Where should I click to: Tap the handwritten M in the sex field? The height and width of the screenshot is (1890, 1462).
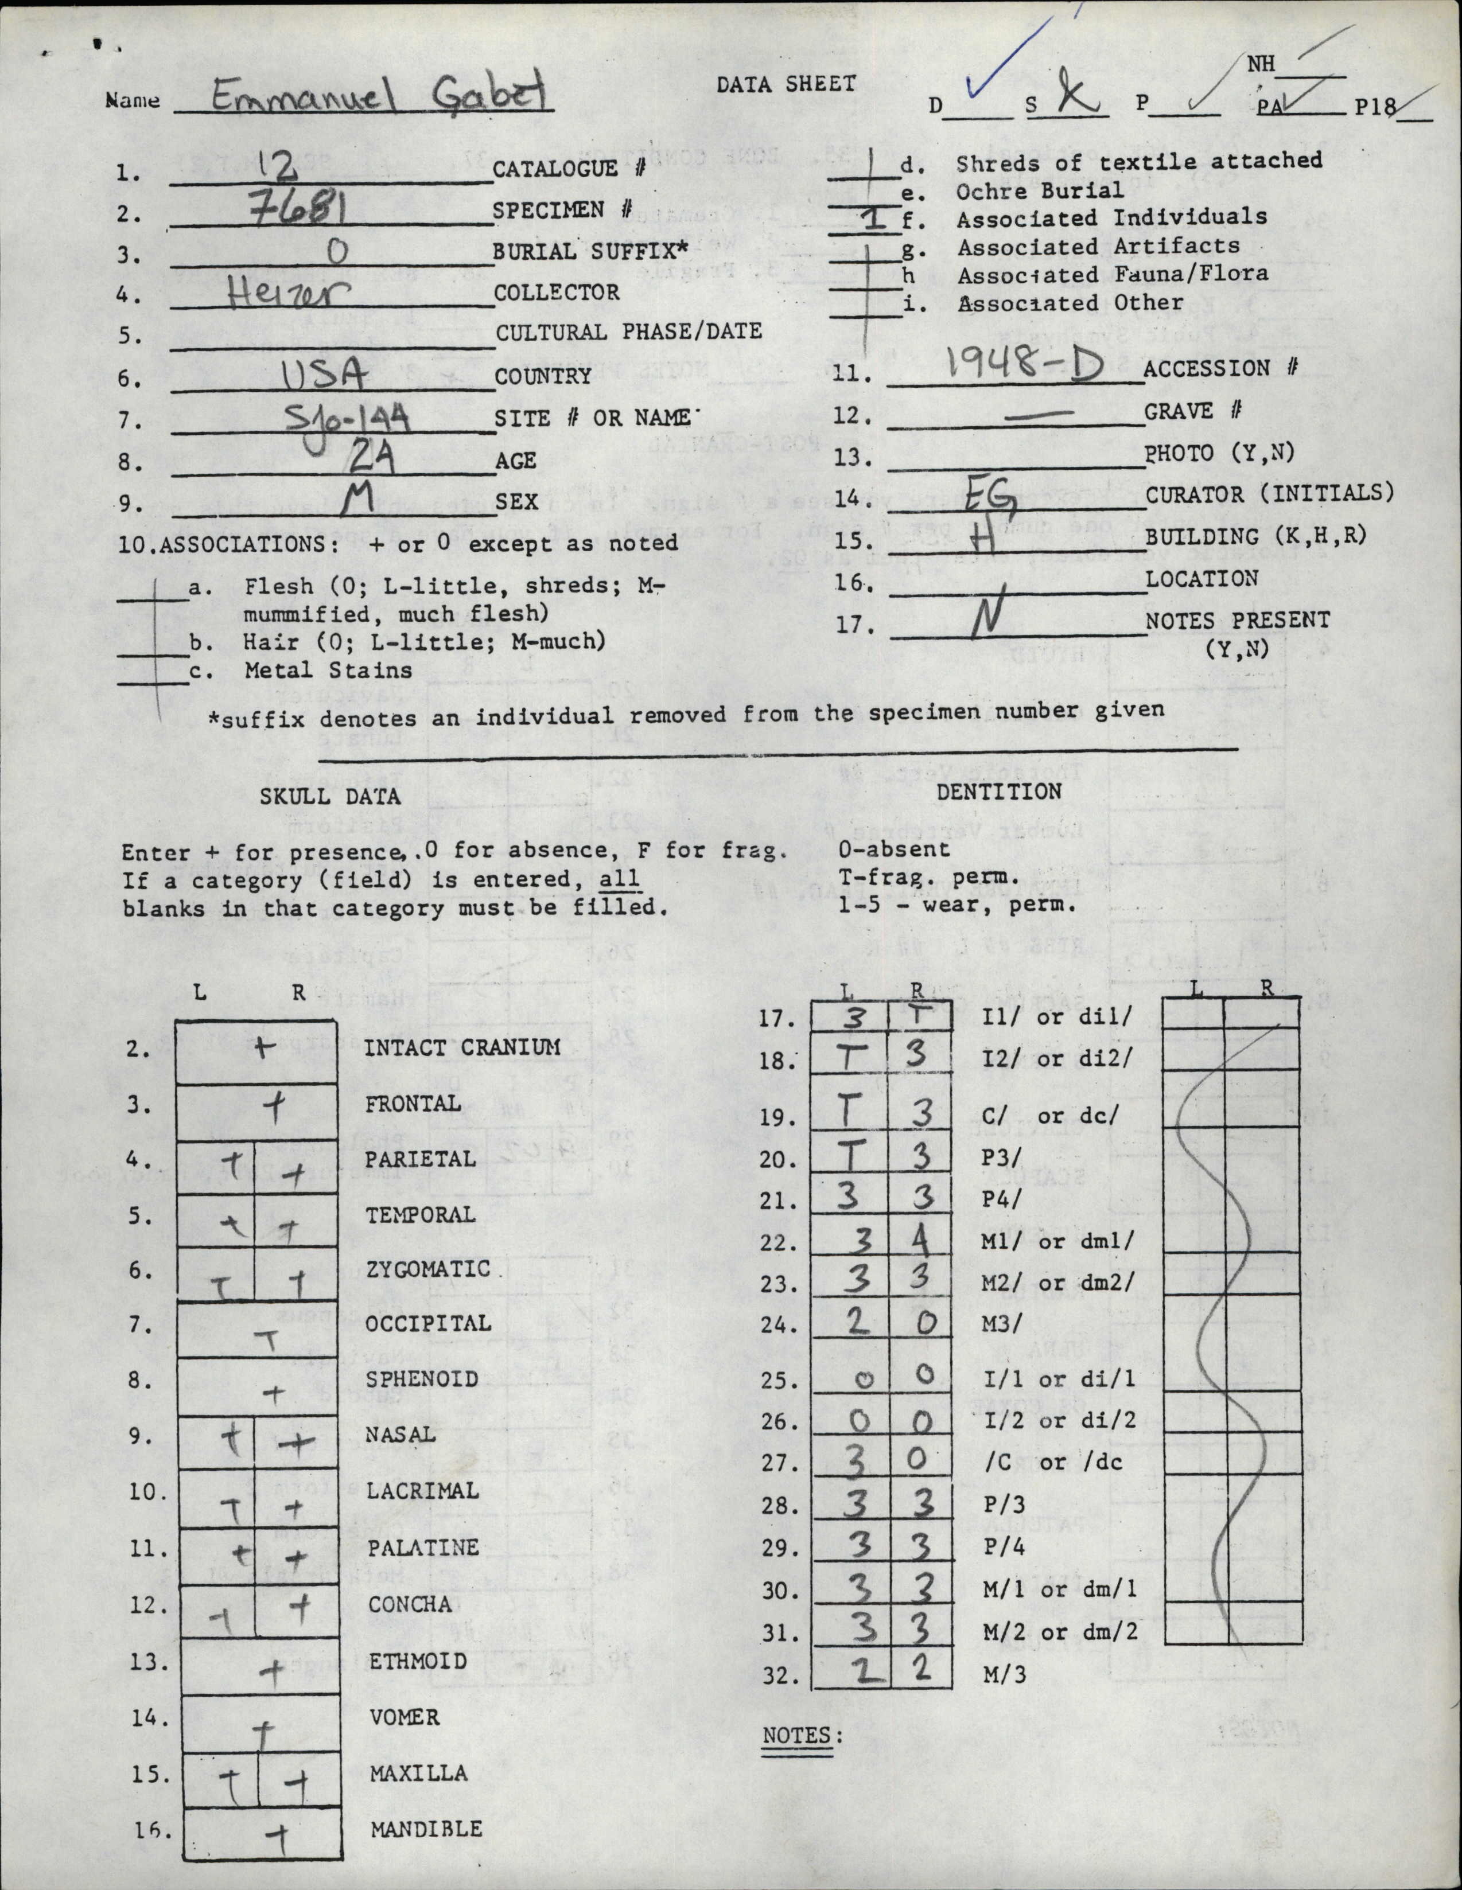(355, 500)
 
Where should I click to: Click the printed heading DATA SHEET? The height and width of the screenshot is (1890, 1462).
(786, 84)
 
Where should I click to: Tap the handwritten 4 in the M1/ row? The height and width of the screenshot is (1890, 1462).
(921, 1242)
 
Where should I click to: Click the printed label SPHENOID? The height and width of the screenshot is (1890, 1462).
(422, 1378)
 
